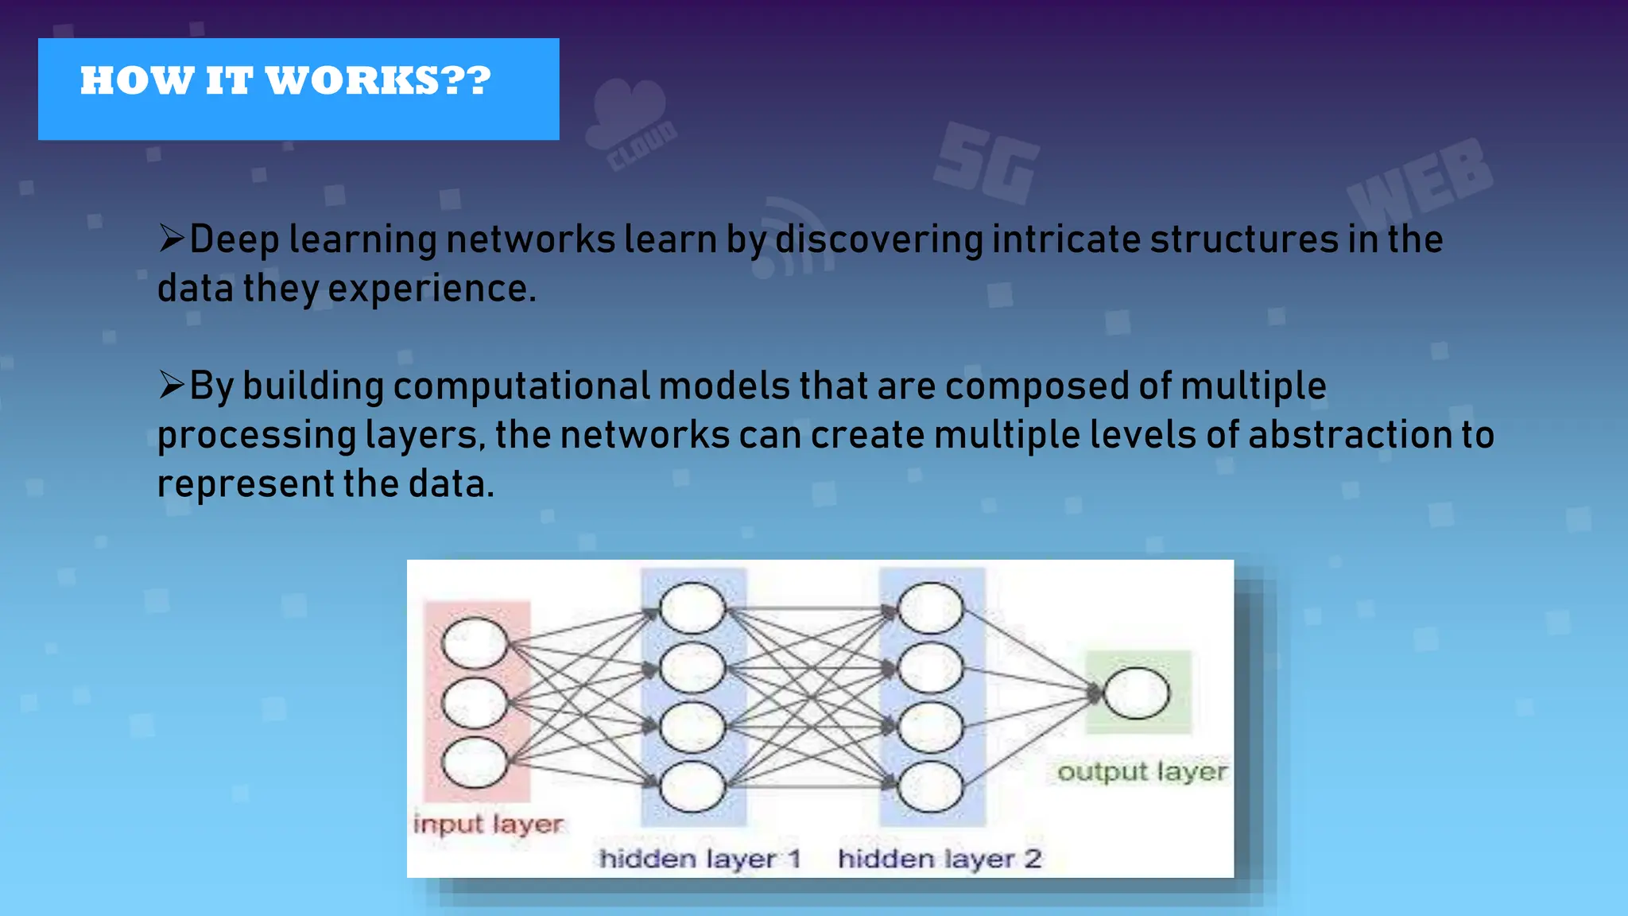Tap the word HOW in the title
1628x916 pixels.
coord(137,81)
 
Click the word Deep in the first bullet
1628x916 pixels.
coord(235,239)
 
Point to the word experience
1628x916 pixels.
coord(432,289)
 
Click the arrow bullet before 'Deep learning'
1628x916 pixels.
coord(171,238)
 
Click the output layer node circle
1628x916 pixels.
coord(1137,693)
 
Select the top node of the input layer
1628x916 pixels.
coord(475,642)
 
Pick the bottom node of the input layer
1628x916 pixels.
coord(475,762)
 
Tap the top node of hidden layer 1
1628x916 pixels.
coord(692,608)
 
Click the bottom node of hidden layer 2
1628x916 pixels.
coord(930,786)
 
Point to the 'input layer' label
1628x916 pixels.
coord(488,825)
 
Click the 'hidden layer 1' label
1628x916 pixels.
coord(700,860)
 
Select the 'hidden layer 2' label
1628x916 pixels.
coord(940,860)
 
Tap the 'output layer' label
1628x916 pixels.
coord(1142,772)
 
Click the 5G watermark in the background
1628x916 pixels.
coord(987,165)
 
